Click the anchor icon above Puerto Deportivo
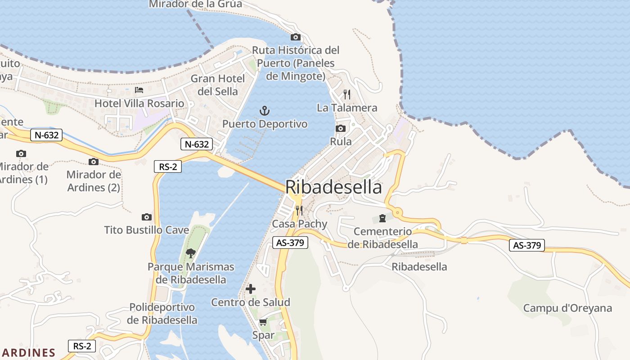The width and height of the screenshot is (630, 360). tap(265, 111)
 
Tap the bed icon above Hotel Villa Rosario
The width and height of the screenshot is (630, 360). tap(139, 90)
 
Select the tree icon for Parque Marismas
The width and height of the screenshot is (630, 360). tap(191, 253)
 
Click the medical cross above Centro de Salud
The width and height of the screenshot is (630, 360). tap(251, 289)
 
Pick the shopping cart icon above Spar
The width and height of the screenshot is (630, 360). tap(263, 322)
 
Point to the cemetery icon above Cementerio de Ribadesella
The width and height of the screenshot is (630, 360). tap(382, 218)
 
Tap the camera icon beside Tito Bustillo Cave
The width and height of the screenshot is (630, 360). tap(146, 217)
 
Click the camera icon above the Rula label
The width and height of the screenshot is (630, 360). tap(341, 129)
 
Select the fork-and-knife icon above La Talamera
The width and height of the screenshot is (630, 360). tap(346, 94)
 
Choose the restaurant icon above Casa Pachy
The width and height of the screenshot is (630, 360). tap(299, 210)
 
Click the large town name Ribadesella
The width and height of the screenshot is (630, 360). tap(333, 187)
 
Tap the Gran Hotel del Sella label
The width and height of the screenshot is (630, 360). tap(218, 85)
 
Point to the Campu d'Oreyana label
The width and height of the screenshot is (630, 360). tap(567, 308)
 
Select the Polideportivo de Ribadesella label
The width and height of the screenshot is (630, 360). tap(162, 314)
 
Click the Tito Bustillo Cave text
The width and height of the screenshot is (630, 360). tap(147, 230)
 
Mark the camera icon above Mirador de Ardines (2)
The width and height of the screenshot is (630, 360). tap(94, 162)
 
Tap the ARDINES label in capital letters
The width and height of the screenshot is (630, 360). tap(28, 352)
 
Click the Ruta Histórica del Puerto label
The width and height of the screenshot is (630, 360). tap(296, 63)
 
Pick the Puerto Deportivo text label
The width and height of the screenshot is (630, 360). tap(265, 124)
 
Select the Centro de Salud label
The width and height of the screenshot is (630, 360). tap(251, 302)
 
